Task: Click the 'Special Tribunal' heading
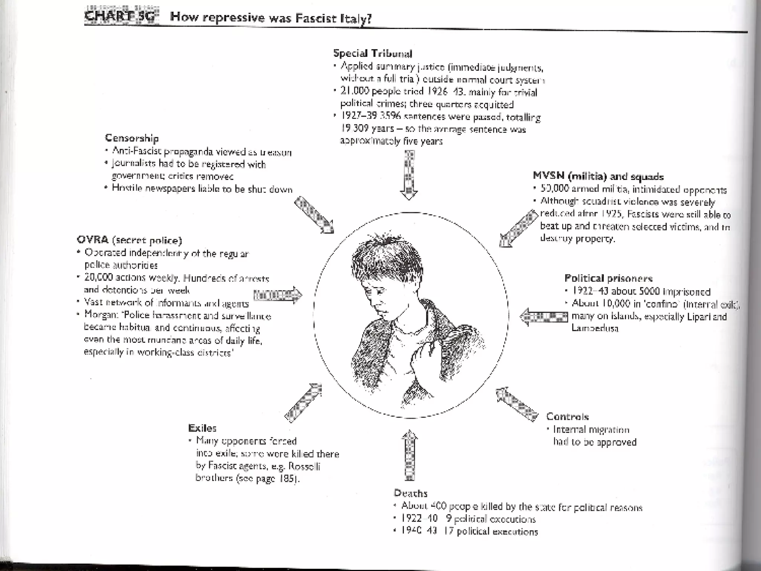(372, 54)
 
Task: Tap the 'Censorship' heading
(132, 138)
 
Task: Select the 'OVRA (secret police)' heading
(129, 241)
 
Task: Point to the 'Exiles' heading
(202, 428)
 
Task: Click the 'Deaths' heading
(410, 493)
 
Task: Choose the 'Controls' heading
(567, 417)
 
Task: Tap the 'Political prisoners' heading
(608, 278)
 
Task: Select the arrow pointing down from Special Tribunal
(409, 175)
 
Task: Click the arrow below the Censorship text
(314, 215)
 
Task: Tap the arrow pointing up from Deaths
(409, 455)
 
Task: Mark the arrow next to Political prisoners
(543, 317)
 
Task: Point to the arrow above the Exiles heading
(303, 402)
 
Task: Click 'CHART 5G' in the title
(121, 17)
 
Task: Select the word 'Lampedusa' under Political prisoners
(595, 328)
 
